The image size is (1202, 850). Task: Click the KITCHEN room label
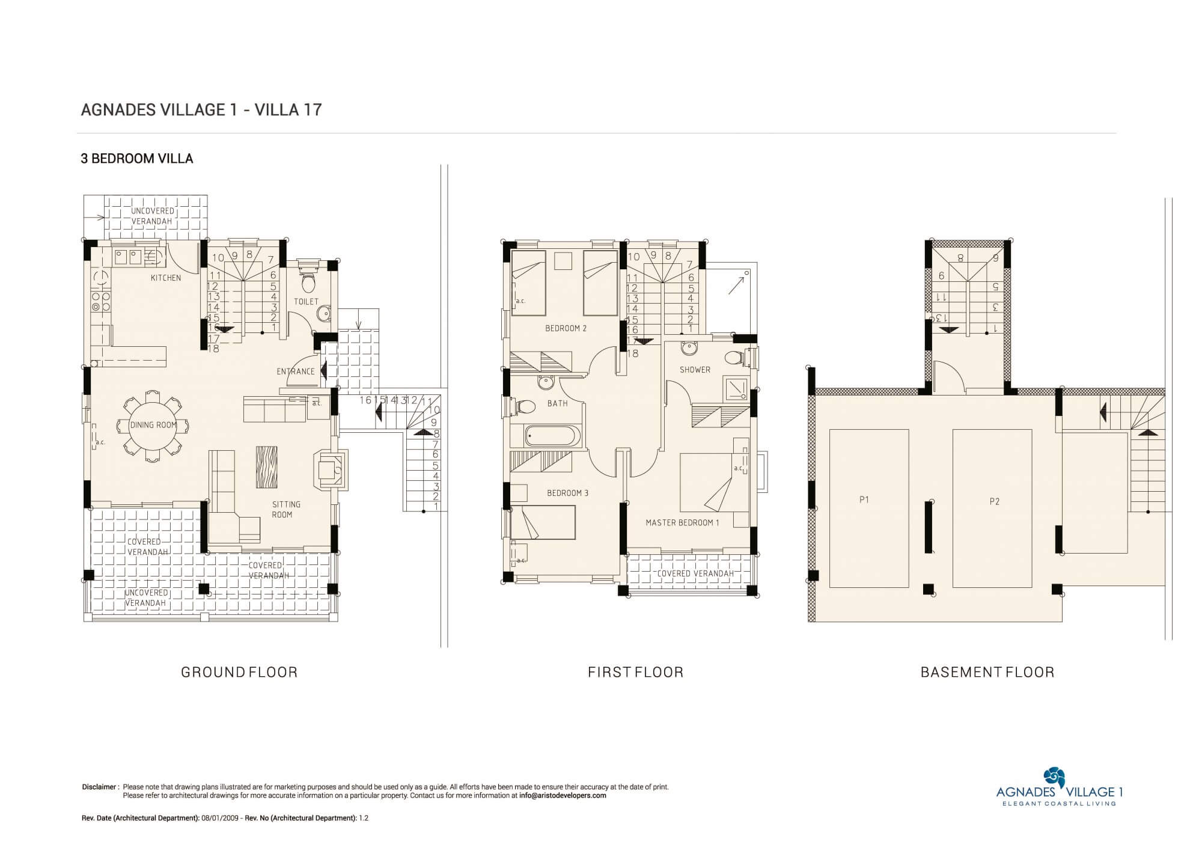(x=166, y=278)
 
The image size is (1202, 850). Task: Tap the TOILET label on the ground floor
(x=306, y=302)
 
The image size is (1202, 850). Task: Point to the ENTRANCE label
(x=296, y=371)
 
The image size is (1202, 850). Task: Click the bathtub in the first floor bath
(x=554, y=436)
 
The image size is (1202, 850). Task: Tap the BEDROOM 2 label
(x=566, y=328)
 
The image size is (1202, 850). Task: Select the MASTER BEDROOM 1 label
(x=682, y=523)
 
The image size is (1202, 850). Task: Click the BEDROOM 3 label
(x=567, y=494)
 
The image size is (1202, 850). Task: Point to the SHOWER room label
(x=695, y=370)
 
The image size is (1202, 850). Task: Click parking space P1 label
(x=864, y=500)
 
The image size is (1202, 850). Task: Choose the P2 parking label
(x=995, y=501)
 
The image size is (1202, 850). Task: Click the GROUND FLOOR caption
(x=239, y=672)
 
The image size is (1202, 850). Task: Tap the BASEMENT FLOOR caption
(x=987, y=672)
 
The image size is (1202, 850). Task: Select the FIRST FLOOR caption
(x=636, y=672)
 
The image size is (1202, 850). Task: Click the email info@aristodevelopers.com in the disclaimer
(x=563, y=796)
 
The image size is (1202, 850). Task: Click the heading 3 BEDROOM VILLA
(x=137, y=159)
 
